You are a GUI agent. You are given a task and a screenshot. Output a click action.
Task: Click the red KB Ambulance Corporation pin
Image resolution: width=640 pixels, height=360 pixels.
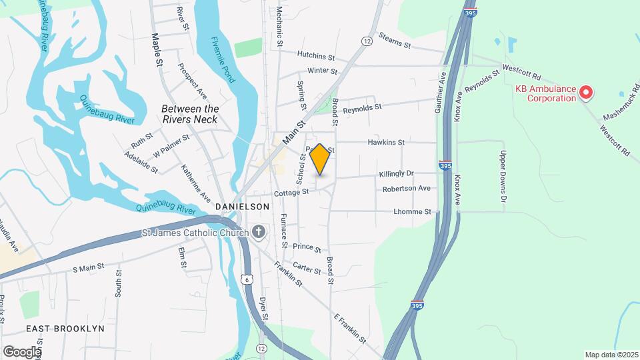586,93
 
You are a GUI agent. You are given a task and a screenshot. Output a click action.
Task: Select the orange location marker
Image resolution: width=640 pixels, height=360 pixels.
320,159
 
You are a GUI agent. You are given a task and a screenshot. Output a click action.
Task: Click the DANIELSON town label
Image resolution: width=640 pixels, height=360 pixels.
243,207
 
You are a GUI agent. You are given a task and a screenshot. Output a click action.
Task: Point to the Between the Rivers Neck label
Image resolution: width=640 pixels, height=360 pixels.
190,114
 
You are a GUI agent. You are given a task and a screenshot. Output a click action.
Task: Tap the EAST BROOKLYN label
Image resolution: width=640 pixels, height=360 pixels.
65,329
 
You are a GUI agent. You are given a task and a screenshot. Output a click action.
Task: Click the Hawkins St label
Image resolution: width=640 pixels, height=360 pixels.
387,142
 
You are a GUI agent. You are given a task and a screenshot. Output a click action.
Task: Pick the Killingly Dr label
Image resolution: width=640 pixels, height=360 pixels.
396,173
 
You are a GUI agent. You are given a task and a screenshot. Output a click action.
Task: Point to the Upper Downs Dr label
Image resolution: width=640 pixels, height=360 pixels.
504,177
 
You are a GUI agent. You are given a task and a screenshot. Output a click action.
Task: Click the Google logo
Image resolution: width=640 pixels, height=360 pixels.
22,351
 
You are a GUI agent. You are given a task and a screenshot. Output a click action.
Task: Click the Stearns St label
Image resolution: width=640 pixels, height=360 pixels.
394,40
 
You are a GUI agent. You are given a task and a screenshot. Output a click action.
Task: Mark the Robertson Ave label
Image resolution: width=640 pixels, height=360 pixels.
406,189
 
